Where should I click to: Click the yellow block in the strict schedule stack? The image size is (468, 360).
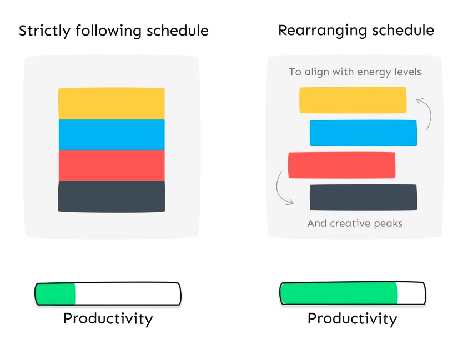pos(112,104)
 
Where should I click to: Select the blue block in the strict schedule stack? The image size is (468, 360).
pos(112,135)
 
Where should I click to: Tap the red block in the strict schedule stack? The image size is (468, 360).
pos(112,165)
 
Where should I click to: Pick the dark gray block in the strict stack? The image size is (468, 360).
pos(112,196)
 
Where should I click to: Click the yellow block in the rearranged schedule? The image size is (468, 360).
pos(353,100)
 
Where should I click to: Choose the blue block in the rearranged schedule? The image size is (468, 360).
pos(363,133)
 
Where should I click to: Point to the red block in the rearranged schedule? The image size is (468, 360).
pos(342,165)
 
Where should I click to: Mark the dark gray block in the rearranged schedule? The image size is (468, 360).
pos(363,197)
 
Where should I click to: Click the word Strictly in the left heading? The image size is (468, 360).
pos(45,31)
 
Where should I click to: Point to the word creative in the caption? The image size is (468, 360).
pos(350,224)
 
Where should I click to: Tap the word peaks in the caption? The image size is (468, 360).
pos(388,224)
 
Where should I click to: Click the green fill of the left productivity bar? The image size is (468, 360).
pos(55,293)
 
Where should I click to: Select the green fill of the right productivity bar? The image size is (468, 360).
pos(339,293)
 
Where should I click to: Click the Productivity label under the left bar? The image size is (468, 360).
pos(108,319)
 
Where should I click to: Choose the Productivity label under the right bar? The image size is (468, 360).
pos(353,319)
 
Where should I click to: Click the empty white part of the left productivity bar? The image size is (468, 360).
pos(128,294)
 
